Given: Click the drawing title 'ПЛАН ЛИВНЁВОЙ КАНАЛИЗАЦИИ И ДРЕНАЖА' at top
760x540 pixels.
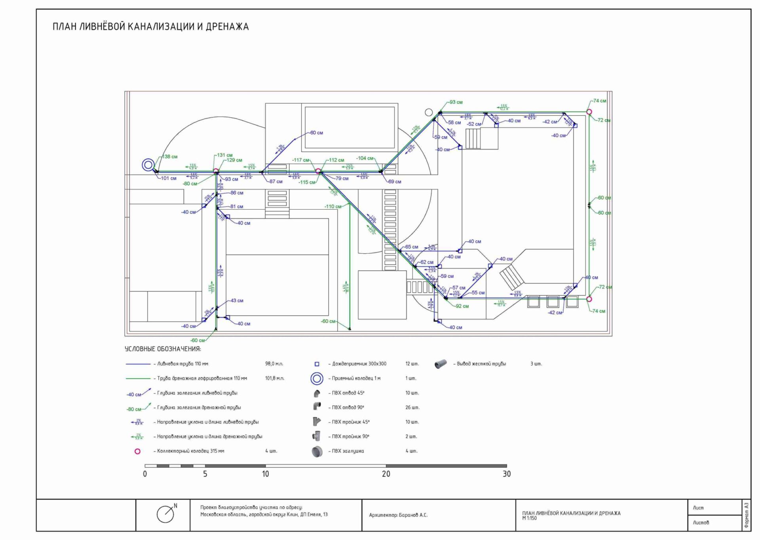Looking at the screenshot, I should (x=150, y=27).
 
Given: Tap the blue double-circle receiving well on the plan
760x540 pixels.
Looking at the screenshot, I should (x=148, y=164).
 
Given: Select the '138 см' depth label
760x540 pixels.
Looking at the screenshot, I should (x=169, y=156).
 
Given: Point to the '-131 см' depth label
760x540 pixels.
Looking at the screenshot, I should (x=224, y=155).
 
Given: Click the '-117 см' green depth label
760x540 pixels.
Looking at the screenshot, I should (x=300, y=160).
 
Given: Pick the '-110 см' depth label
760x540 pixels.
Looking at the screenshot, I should (x=333, y=206).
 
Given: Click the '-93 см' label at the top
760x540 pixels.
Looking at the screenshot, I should (x=456, y=102).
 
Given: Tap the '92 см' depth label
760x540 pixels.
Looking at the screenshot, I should (x=462, y=306).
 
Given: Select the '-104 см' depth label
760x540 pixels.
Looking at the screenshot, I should (x=365, y=158).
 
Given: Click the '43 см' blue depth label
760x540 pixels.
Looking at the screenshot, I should (x=237, y=301).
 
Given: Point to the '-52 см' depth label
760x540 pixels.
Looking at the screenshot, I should (x=474, y=124).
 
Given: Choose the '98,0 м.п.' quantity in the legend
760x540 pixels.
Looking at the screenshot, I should (x=274, y=364).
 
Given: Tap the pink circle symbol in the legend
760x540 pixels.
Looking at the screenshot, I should (x=137, y=451).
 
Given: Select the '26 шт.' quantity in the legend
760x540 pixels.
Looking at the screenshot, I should (x=412, y=407).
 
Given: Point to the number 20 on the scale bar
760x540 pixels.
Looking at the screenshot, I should (x=386, y=474).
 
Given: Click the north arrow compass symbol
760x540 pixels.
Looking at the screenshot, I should (x=166, y=514).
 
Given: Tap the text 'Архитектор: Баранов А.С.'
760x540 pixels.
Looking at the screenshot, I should (x=398, y=515).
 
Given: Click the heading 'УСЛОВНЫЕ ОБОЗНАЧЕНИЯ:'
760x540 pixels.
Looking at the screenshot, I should (x=163, y=349).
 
